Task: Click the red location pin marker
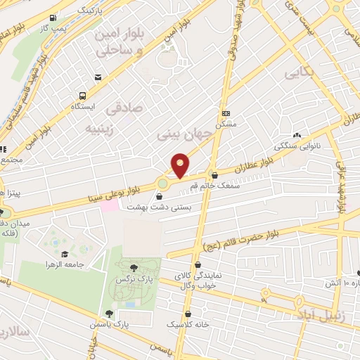click(180, 165)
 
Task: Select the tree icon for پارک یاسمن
click(108, 314)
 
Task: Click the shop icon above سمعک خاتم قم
click(214, 175)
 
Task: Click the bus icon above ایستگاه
click(84, 96)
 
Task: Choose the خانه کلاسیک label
click(188, 325)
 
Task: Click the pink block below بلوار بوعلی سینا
click(110, 207)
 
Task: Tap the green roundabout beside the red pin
click(163, 184)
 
